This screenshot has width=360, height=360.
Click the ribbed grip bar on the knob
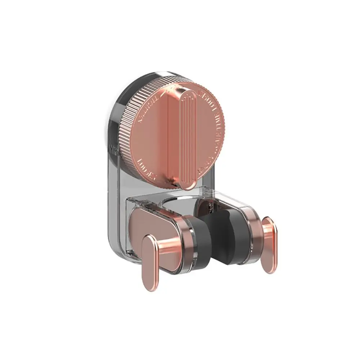pyautogui.click(x=188, y=137)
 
